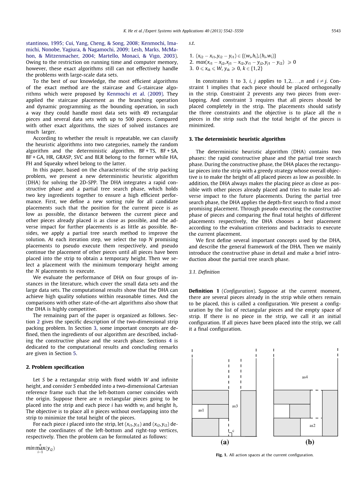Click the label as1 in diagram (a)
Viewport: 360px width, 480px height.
pos(201,410)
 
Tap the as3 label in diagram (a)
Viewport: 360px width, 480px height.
pos(235,406)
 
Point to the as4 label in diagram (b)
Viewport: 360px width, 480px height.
pos(305,377)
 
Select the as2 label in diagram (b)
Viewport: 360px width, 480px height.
pos(312,426)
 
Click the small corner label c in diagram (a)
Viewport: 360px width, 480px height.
pos(233,431)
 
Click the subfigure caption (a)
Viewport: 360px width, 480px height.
pos(225,442)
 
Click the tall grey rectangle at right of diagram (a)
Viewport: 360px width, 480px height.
pos(248,413)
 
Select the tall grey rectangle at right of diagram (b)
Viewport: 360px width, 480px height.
pos(330,413)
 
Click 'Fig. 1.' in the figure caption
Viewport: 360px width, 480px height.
pos(222,455)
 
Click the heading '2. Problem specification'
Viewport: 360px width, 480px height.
pos(55,367)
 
